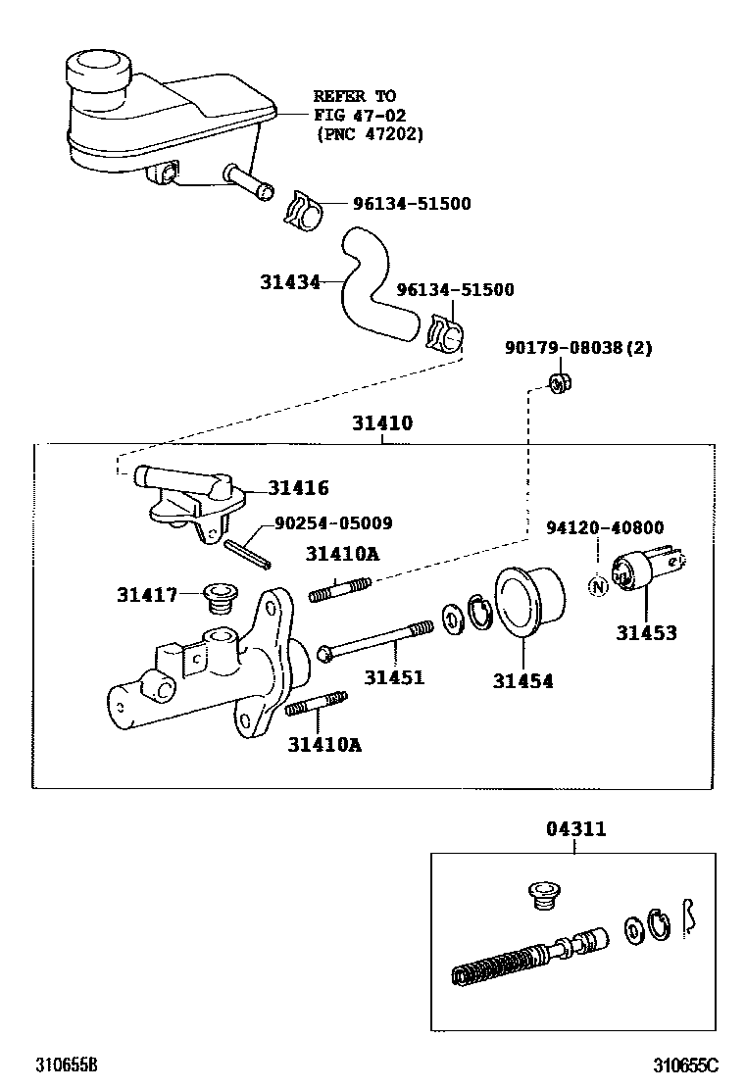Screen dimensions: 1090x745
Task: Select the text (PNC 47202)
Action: click(x=369, y=134)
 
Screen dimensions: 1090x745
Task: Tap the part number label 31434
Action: click(x=290, y=282)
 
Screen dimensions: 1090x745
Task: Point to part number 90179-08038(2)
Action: click(x=578, y=347)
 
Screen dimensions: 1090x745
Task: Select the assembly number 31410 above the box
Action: click(x=382, y=424)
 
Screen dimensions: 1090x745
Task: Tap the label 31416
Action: click(x=298, y=487)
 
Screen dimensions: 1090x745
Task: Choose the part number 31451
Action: click(x=394, y=676)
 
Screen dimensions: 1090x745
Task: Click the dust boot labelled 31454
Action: click(x=530, y=601)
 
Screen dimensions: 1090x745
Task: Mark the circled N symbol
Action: click(x=596, y=586)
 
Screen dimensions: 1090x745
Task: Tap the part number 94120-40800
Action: click(x=604, y=526)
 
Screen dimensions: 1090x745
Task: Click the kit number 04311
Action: click(x=575, y=829)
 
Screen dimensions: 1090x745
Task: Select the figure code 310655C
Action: click(x=687, y=1065)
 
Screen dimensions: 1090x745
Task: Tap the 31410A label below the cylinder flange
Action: click(x=324, y=744)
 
